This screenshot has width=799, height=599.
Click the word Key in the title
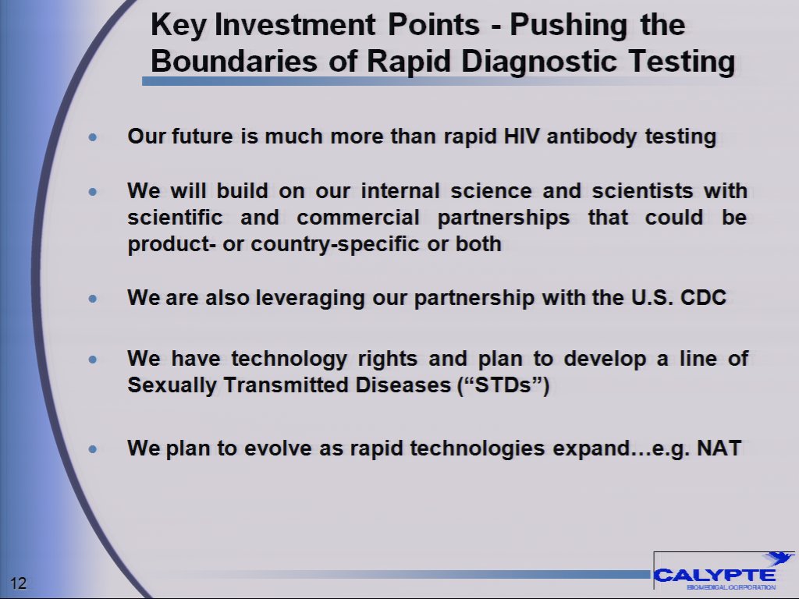click(179, 26)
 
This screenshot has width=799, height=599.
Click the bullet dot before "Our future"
click(94, 137)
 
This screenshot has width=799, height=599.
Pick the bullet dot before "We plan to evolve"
click(94, 449)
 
